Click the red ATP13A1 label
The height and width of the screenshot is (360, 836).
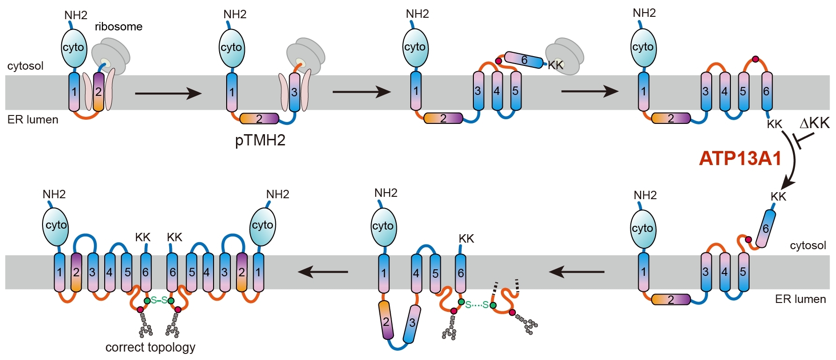click(740, 158)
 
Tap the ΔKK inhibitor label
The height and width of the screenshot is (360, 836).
click(814, 123)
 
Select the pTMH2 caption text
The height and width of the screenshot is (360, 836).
click(260, 140)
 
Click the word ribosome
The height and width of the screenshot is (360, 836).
click(119, 27)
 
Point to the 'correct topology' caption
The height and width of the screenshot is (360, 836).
click(150, 347)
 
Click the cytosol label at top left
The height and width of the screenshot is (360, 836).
click(25, 66)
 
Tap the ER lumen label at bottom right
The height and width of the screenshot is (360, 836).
click(800, 299)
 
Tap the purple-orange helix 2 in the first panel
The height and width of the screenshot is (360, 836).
click(99, 92)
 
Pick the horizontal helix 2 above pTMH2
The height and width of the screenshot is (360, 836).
click(259, 119)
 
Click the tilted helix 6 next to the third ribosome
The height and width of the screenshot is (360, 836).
click(524, 60)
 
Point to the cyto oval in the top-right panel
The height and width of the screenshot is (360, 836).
click(643, 47)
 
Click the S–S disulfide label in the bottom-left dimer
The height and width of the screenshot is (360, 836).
click(159, 300)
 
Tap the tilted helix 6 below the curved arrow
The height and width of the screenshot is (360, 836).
click(765, 229)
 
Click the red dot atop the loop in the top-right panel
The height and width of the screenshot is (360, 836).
click(755, 59)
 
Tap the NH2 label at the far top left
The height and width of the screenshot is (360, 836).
click(76, 15)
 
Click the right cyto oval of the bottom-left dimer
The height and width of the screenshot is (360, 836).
click(262, 226)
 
